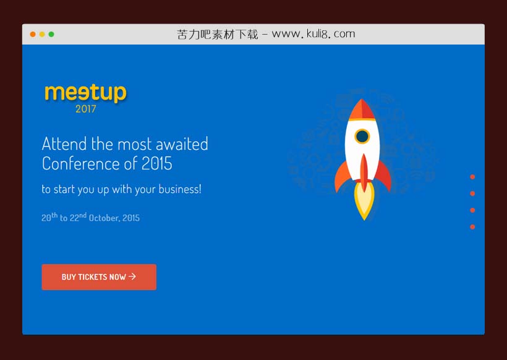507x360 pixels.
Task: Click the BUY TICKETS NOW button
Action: [x=99, y=277]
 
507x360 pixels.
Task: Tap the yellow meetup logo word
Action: [x=85, y=93]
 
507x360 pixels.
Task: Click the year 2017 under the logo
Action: [x=86, y=109]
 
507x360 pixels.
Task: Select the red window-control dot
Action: [x=33, y=34]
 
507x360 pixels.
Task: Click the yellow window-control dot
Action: [x=42, y=34]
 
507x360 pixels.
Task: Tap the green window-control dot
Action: [x=51, y=34]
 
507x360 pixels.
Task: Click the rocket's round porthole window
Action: [x=362, y=136]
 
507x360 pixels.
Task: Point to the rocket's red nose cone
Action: [x=362, y=109]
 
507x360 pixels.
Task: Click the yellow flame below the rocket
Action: [x=364, y=201]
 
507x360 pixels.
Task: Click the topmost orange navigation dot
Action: [x=472, y=177]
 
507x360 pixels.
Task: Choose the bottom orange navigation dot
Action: [x=472, y=227]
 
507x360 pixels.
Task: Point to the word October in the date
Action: [x=104, y=218]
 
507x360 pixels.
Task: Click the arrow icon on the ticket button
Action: [x=132, y=276]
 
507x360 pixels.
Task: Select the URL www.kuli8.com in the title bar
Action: [x=313, y=34]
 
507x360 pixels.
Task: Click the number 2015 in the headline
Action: [x=157, y=164]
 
